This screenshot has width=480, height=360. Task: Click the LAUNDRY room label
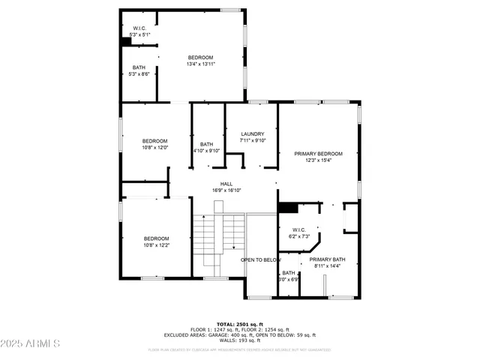pos(253,134)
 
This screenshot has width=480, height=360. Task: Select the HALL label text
pos(226,184)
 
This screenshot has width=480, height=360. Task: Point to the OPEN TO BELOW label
pos(259,260)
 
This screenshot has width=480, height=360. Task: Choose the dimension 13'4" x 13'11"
pos(200,64)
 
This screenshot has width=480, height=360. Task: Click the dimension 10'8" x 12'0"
pos(155,148)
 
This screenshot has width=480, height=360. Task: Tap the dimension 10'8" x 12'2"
pos(157,244)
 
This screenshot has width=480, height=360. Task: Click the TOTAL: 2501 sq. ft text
pos(239,324)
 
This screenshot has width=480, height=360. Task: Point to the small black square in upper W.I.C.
pos(127,42)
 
